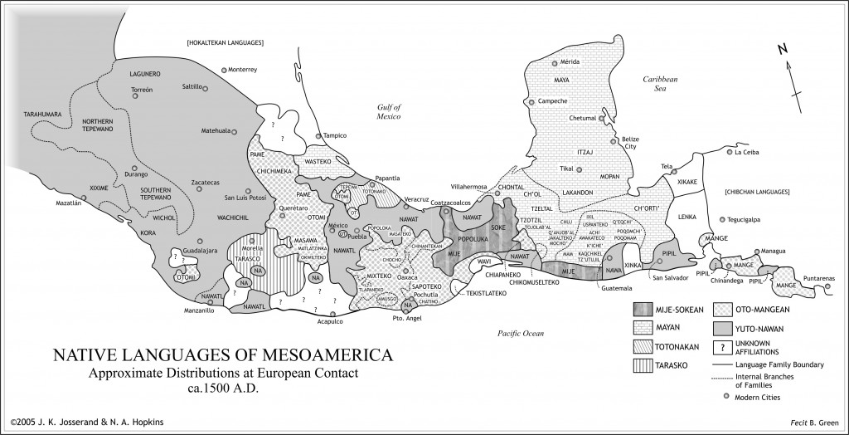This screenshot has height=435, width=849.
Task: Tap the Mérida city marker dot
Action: [x=555, y=62]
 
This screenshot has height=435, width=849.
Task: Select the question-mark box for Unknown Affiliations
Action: [x=722, y=347]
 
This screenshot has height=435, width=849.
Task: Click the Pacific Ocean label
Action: [x=520, y=333]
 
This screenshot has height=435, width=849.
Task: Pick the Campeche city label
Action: [x=551, y=101]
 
